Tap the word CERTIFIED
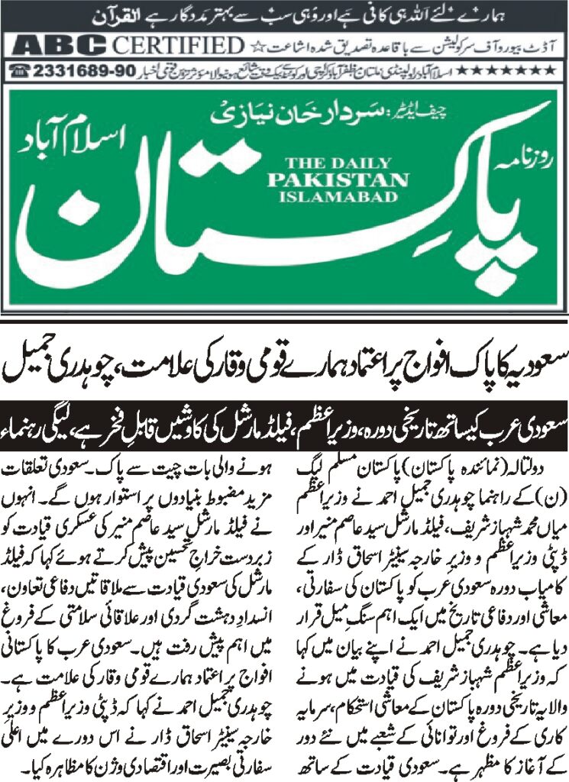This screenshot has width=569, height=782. [x=176, y=46]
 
